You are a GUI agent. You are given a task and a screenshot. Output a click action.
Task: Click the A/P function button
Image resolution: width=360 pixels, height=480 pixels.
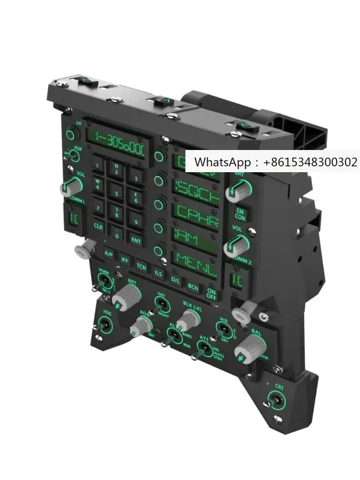(x=109, y=253)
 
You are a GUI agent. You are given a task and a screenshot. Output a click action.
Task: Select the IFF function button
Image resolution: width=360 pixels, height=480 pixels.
(x=125, y=260)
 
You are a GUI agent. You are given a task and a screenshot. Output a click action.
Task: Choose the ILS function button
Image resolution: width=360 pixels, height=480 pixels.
(x=158, y=273)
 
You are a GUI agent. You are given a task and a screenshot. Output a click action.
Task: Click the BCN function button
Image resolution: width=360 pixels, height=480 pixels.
(x=193, y=287)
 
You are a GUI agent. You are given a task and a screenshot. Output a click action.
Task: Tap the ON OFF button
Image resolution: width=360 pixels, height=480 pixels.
(x=211, y=293)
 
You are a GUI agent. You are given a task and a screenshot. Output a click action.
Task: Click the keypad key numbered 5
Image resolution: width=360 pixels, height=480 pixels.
(x=116, y=193)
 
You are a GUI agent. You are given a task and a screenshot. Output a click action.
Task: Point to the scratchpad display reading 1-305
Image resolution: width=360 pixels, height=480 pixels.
(x=119, y=142)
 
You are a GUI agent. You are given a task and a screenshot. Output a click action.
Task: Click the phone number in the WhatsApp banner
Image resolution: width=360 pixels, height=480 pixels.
(x=313, y=162)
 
